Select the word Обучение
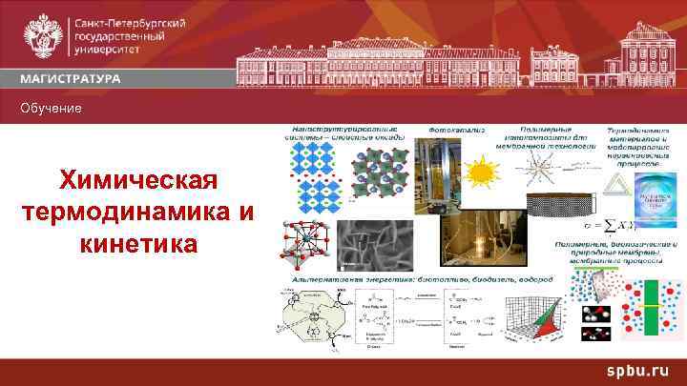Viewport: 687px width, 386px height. tap(52, 109)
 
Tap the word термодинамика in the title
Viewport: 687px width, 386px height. tap(137, 212)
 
